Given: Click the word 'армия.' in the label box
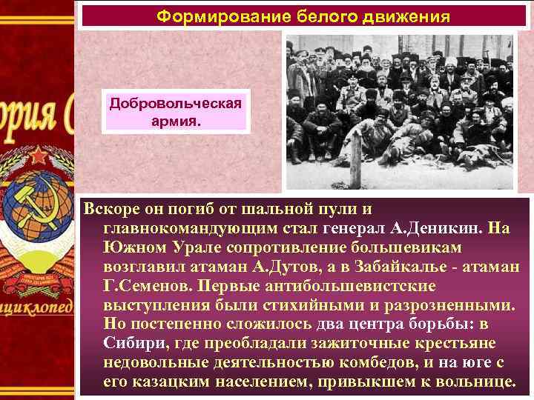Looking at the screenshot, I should pos(176,119).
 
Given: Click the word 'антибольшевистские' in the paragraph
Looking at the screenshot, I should pos(356,286).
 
